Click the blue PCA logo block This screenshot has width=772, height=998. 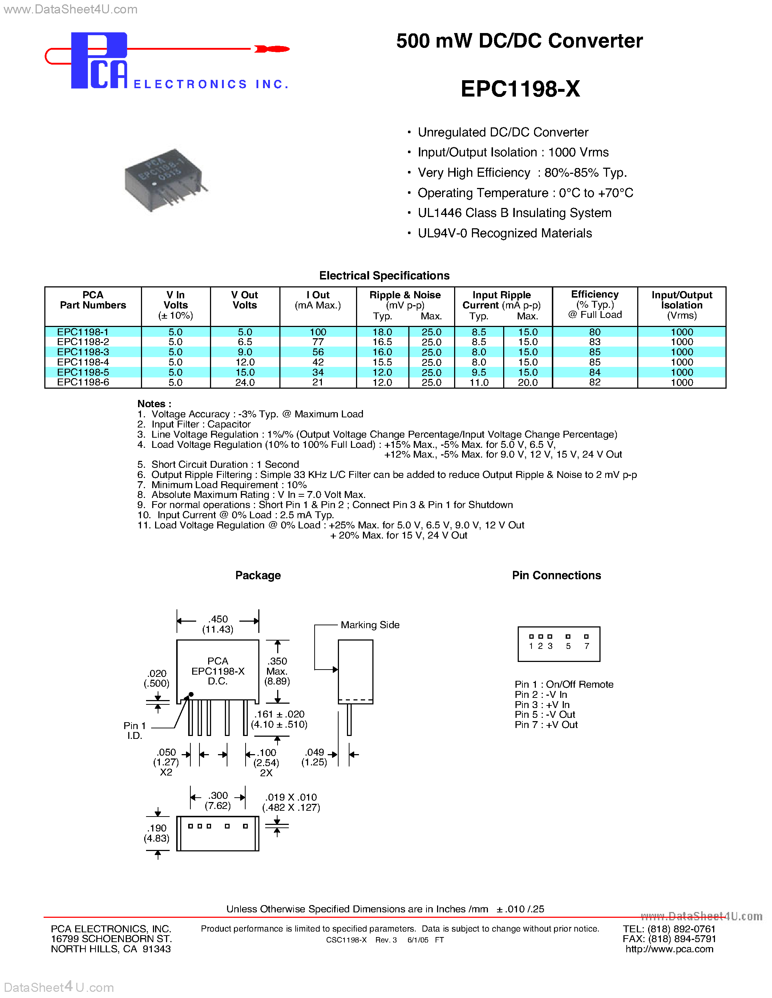(x=98, y=61)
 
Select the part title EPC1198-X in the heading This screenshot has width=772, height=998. (x=520, y=89)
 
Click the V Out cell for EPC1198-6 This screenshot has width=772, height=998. (x=245, y=383)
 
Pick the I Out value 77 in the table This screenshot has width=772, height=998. (x=318, y=342)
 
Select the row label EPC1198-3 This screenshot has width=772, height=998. (x=83, y=352)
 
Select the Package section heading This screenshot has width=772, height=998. (x=258, y=575)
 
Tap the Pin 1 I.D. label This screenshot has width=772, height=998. (x=134, y=731)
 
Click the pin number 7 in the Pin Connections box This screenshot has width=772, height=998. (x=586, y=646)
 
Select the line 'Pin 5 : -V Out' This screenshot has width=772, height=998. (x=545, y=715)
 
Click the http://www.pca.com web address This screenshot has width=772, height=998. (x=669, y=949)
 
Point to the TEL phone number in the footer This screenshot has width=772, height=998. (x=669, y=929)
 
